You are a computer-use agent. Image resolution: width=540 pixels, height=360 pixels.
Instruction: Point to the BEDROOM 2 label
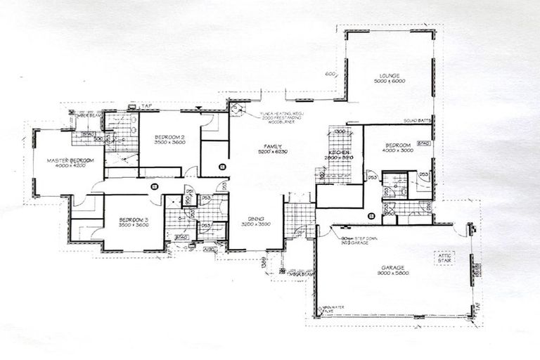coord(169,136)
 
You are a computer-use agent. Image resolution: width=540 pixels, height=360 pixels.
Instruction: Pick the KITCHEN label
coord(338,152)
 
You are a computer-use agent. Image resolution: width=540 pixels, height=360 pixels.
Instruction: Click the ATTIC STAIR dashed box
coord(444,258)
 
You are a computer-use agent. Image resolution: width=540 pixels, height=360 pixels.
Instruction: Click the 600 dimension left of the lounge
coord(330,74)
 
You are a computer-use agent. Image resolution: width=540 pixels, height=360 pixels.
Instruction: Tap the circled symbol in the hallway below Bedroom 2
coord(155,186)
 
